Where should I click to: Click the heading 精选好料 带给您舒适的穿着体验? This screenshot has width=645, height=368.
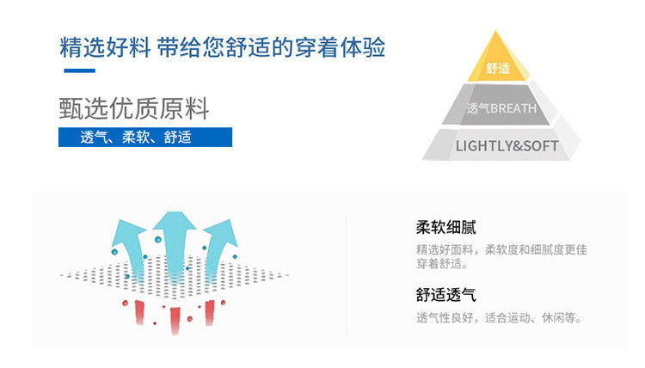(222, 46)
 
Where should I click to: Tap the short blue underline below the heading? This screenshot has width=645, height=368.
(79, 71)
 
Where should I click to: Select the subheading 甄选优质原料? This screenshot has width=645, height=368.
(133, 109)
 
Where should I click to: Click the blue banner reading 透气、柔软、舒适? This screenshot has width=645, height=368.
(145, 137)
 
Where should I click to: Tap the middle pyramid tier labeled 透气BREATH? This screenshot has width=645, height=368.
(501, 108)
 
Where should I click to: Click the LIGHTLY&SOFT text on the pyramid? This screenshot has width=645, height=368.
(506, 145)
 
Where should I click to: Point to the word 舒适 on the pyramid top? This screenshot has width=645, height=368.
(498, 68)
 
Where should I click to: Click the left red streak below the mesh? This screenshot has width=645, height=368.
(137, 313)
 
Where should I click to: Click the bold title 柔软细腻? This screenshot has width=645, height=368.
(445, 228)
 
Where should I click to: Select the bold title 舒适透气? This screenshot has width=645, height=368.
(445, 295)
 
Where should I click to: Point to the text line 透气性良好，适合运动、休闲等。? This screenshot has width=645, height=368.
(500, 318)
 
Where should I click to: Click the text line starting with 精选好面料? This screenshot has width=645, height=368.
(501, 249)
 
